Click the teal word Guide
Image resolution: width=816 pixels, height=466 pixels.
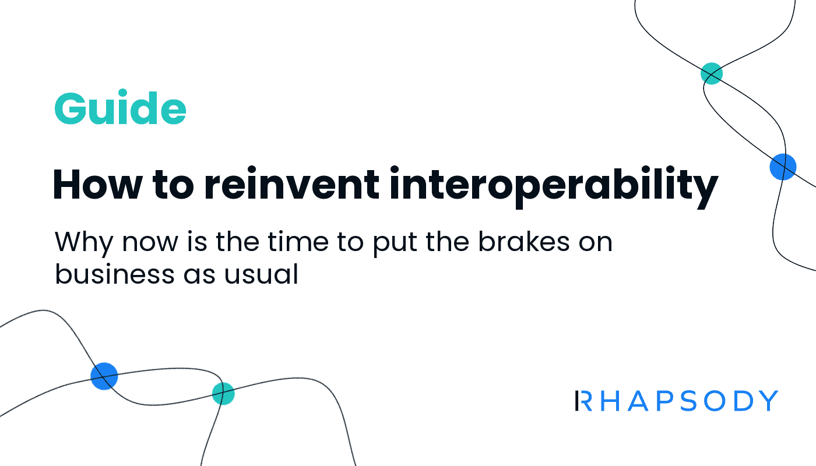point(120,108)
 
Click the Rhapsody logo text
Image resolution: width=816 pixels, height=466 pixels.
point(676,401)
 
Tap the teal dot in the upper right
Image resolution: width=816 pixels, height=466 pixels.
point(711,74)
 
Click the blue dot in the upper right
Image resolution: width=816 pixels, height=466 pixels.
point(783,167)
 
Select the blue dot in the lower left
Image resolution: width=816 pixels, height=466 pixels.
point(104,376)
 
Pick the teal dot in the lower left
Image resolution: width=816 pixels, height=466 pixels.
point(223,394)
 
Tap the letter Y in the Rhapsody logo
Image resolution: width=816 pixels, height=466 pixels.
point(768,401)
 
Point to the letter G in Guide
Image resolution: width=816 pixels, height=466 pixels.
point(71,109)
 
